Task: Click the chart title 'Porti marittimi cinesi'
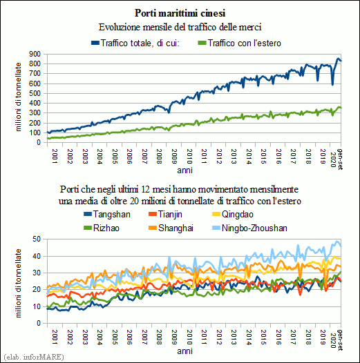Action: point(180,13)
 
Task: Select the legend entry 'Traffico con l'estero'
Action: point(240,43)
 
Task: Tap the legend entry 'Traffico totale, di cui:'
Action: point(135,43)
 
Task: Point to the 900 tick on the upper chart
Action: point(35,54)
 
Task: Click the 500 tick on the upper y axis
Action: point(35,94)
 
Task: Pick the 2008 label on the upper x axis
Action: point(159,157)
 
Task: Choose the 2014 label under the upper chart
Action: point(249,157)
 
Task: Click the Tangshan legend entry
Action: point(107,215)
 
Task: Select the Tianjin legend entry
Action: point(165,215)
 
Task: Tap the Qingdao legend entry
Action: point(233,215)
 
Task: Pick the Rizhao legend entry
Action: point(102,228)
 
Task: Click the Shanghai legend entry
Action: point(171,228)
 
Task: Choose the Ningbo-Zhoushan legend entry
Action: point(249,228)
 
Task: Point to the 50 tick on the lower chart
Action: point(37,239)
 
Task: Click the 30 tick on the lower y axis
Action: point(37,273)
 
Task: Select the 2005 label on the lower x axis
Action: point(114,337)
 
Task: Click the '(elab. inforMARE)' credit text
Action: point(34,357)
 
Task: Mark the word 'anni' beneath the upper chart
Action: point(184,170)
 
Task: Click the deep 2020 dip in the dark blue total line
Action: point(332,84)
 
